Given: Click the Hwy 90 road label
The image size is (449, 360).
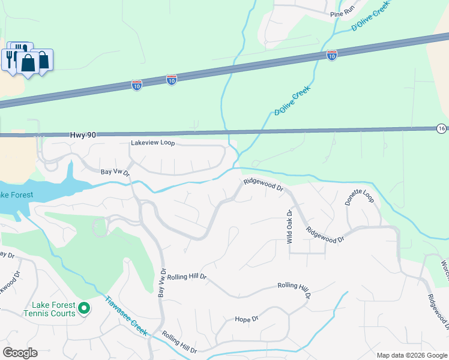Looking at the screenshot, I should click(x=83, y=136).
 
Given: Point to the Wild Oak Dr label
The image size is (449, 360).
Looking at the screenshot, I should click(x=289, y=227).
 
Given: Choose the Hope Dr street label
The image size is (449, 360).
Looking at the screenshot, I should click(x=246, y=319).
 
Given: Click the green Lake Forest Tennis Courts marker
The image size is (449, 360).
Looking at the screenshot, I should click(x=84, y=309).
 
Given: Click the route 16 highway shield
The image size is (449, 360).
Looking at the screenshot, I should click(x=441, y=128).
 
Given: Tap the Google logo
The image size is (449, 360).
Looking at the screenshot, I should click(x=20, y=353).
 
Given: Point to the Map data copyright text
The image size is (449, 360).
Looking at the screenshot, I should click(x=412, y=355).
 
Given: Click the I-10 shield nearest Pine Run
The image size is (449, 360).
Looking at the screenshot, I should click(x=331, y=55).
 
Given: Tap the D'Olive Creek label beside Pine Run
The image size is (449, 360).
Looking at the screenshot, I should click(x=370, y=16).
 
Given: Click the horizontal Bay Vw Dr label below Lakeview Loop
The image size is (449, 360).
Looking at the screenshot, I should click(x=115, y=172).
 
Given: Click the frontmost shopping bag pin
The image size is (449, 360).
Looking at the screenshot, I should click(x=28, y=63).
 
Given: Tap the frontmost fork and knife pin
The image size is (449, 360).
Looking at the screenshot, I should click(x=11, y=59).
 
